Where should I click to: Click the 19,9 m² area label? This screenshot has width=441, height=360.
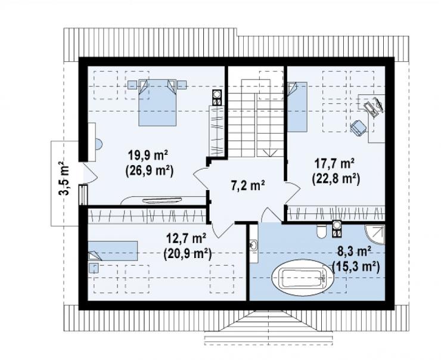(148, 155)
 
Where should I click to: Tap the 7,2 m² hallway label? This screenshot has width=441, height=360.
(248, 186)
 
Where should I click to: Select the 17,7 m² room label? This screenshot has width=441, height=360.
(334, 163)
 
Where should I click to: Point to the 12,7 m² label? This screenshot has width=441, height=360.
(187, 239)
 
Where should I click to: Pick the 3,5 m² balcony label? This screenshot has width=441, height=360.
(64, 178)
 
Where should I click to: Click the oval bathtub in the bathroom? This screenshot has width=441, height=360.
(303, 278)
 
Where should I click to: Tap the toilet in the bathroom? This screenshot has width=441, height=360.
(321, 231)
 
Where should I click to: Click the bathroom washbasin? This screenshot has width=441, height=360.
(253, 244)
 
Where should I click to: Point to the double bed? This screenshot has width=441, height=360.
(157, 102)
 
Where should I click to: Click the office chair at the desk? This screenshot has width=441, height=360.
(358, 128)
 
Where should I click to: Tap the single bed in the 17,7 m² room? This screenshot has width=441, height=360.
(297, 107)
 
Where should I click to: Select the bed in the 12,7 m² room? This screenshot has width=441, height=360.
(113, 251)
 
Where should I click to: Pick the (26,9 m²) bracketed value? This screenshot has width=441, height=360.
(149, 170)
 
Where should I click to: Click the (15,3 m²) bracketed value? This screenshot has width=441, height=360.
(356, 266)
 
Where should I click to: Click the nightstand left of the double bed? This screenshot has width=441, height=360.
(132, 85)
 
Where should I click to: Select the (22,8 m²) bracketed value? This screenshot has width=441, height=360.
(336, 179)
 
